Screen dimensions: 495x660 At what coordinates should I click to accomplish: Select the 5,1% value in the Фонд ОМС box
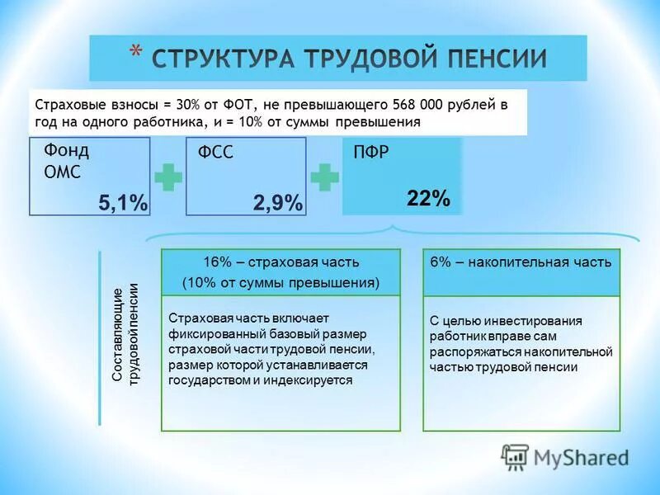[x=122, y=203]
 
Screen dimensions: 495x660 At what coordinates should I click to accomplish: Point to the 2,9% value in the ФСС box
[x=277, y=203]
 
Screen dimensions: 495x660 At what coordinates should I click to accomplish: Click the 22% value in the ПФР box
[x=428, y=199]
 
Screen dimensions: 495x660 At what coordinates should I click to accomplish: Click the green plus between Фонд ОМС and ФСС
[x=168, y=178]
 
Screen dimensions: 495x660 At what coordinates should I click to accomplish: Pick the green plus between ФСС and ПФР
[x=324, y=178]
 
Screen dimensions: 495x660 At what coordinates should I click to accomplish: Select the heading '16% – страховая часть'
[x=280, y=262]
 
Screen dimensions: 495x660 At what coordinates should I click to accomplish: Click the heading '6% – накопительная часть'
[x=521, y=262]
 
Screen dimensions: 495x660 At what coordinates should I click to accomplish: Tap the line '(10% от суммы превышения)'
[x=280, y=284]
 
